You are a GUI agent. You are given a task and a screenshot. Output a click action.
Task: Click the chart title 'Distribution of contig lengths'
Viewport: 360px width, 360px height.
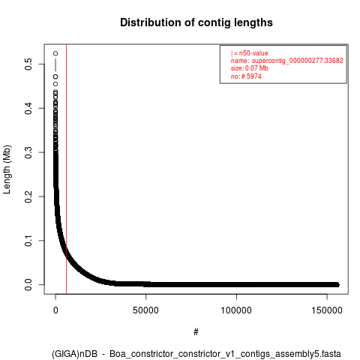point(196,22)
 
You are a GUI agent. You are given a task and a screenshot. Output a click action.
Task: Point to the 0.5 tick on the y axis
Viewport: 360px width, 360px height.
point(28,64)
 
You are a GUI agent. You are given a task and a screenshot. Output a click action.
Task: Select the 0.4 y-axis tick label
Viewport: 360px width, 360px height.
point(28,108)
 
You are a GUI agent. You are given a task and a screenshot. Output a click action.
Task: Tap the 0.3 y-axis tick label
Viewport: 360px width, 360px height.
point(28,152)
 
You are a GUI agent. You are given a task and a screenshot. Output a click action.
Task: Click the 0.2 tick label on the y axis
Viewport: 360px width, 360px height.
point(28,196)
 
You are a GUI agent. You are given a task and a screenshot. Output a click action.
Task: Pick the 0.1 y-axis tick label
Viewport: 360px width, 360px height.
point(28,241)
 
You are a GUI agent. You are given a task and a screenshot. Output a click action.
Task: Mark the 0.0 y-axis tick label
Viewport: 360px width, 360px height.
point(28,285)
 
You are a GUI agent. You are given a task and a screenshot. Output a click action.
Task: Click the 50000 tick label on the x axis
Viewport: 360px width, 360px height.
point(145,310)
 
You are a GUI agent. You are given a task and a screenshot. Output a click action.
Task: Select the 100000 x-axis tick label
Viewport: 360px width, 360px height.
point(236,310)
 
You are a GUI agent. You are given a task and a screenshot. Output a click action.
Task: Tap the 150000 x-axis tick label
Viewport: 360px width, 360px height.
point(327,310)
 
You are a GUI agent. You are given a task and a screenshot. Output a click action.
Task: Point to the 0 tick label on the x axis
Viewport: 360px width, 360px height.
point(55,310)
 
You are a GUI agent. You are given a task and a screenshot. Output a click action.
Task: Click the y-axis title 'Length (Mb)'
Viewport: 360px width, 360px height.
point(7,169)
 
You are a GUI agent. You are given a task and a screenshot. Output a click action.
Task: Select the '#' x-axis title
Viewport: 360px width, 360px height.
point(196,332)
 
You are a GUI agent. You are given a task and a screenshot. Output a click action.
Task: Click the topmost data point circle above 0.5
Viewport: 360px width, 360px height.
point(55,53)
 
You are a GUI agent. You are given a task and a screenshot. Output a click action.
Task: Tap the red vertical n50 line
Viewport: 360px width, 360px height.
point(66,169)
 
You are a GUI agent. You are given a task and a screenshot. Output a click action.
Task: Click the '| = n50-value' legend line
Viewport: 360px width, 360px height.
point(250,53)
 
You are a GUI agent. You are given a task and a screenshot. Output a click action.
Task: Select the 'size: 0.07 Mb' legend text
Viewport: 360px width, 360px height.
point(250,68)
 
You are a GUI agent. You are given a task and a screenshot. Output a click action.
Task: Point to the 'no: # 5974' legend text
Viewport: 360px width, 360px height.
point(246,76)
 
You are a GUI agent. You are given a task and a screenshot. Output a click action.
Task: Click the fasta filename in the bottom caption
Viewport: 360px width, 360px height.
point(225,354)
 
